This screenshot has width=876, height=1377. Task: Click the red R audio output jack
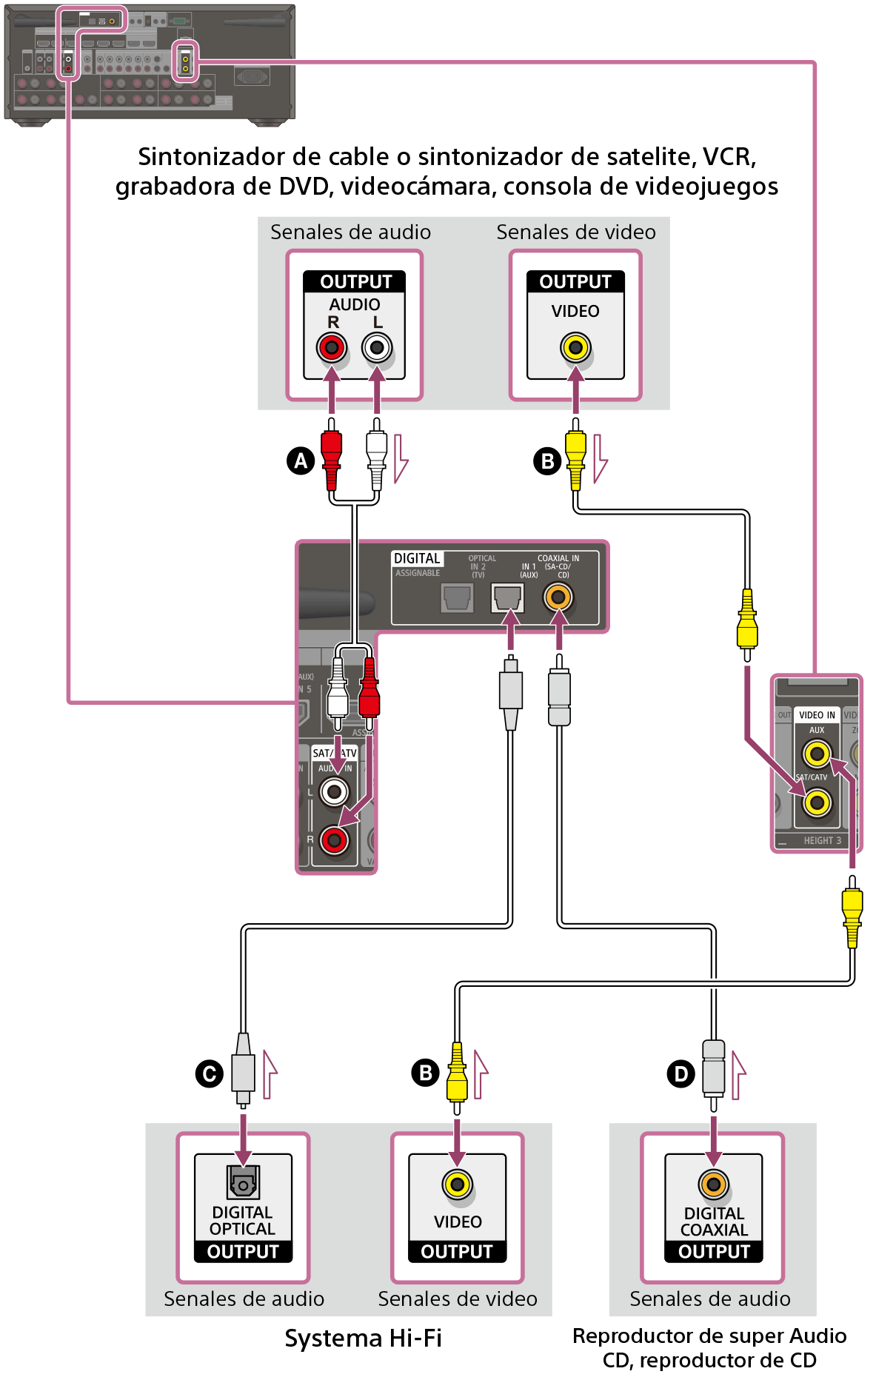point(332,347)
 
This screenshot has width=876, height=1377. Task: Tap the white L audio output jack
point(377,347)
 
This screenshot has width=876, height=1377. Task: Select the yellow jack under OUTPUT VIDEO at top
point(575,347)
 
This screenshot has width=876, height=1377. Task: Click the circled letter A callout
point(301,460)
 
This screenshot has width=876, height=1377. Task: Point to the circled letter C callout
point(210,1073)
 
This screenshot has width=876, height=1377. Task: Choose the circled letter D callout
point(681,1073)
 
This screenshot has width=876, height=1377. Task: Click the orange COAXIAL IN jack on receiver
point(558,597)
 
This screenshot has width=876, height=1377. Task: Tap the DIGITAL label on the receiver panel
point(417,558)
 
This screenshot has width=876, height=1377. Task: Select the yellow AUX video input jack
point(817,754)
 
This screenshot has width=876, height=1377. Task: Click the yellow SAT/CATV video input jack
point(817,802)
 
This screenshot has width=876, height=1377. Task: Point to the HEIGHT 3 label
point(822,840)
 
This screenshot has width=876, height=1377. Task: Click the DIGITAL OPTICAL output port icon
point(243,1182)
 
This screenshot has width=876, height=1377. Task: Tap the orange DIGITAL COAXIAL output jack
point(714,1185)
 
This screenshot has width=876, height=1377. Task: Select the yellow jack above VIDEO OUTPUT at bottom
point(458,1185)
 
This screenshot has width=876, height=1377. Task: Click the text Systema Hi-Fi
point(363,1338)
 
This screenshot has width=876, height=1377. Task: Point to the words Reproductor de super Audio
point(709,1336)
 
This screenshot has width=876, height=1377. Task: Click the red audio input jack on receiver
point(334,840)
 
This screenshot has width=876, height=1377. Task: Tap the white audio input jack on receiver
point(334,792)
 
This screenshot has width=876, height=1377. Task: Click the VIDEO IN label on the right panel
point(817,715)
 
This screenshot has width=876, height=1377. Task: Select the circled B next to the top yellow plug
point(547,461)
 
